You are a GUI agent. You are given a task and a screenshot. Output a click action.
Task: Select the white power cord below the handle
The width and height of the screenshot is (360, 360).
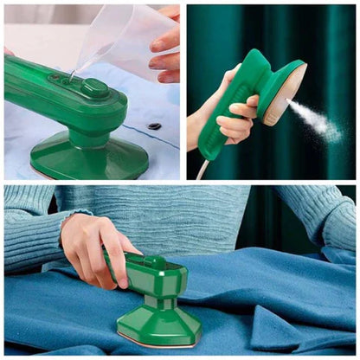[202, 170]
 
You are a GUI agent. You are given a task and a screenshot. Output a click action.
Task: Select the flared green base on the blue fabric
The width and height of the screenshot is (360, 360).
[160, 325]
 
